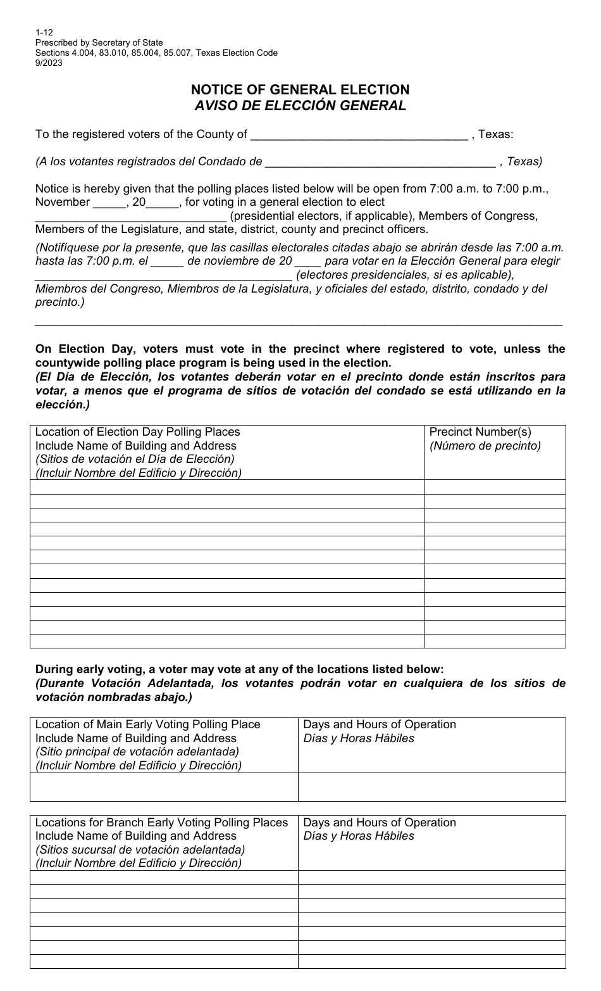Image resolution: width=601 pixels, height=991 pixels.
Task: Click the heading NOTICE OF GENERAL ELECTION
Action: click(300, 90)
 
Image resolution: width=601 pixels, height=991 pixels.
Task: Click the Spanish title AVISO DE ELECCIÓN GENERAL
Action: click(300, 106)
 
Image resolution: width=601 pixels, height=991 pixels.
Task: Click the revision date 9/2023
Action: click(49, 62)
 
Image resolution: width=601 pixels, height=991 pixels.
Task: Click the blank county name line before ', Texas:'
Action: click(359, 135)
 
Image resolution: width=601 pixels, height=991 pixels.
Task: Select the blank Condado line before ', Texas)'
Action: click(380, 162)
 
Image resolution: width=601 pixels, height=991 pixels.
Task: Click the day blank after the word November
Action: click(110, 203)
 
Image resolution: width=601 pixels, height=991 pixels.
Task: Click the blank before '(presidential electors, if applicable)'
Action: click(130, 217)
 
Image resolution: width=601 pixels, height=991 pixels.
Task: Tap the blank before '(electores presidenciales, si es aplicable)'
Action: click(163, 275)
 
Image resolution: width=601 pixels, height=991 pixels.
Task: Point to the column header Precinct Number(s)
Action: click(480, 432)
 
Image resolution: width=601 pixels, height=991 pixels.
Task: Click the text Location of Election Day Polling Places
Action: click(137, 432)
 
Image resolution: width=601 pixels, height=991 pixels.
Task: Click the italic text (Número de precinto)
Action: click(485, 446)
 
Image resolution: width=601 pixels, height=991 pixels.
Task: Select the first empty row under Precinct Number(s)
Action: click(494, 487)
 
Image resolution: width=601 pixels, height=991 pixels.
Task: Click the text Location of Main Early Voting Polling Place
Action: click(147, 724)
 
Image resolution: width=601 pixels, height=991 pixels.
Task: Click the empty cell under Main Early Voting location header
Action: click(164, 787)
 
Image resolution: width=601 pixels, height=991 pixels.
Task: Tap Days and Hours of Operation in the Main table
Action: click(380, 724)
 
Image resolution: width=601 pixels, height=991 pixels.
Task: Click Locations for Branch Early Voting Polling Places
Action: click(161, 823)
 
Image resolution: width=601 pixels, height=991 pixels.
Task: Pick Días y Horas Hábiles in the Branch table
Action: click(359, 836)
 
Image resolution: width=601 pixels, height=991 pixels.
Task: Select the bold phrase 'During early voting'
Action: click(87, 669)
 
